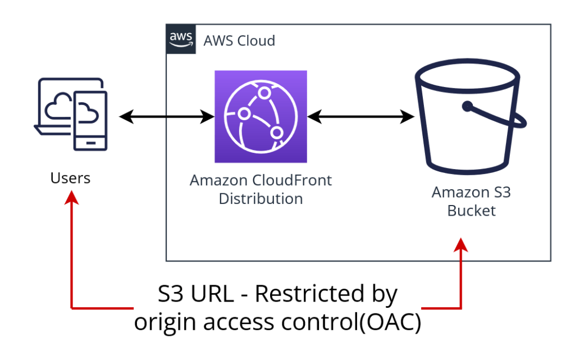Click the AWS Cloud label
pos(239,41)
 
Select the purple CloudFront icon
pos(261,116)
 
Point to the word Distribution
pos(261,199)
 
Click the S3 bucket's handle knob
pos(467,105)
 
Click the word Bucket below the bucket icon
pos(471,211)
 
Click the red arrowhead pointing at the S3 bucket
pos(461,246)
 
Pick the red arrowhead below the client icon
pos(71,197)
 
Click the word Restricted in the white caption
pos(326,295)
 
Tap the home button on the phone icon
pos(89,143)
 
